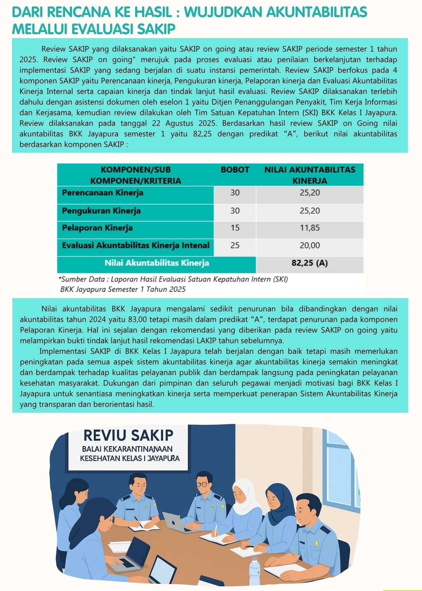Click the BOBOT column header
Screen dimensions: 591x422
[235, 170]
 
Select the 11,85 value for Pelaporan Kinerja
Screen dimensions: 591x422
[310, 228]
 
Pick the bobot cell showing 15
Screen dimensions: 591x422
[235, 228]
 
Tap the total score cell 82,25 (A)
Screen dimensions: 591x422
[310, 263]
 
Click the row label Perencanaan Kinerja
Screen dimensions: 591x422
[102, 193]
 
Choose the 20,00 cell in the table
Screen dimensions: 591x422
[310, 245]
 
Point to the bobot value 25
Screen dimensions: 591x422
[235, 245]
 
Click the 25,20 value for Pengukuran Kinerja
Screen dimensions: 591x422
[310, 211]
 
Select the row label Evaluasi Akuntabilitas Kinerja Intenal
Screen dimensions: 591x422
[135, 245]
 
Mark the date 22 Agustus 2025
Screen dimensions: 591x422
[181, 123]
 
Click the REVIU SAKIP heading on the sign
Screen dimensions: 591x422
[128, 435]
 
